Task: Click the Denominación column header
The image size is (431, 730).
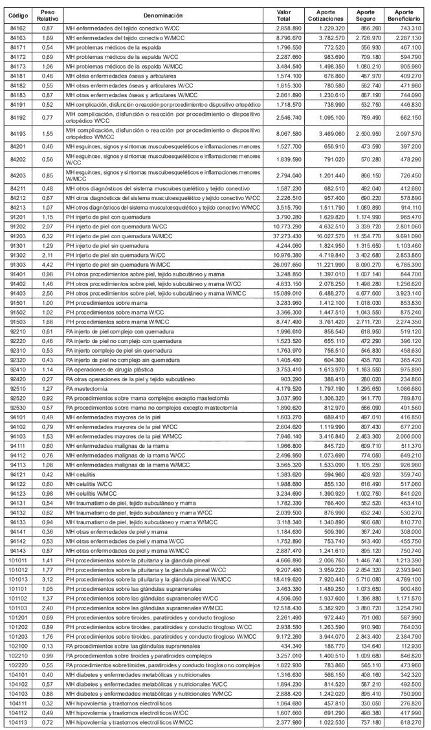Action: (x=164, y=15)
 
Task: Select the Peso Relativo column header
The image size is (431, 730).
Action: (x=47, y=15)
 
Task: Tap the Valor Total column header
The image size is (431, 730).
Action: (x=283, y=15)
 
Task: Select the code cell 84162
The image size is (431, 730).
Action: (x=18, y=29)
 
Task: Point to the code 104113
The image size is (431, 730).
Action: (x=19, y=721)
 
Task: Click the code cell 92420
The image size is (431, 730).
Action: (x=18, y=379)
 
